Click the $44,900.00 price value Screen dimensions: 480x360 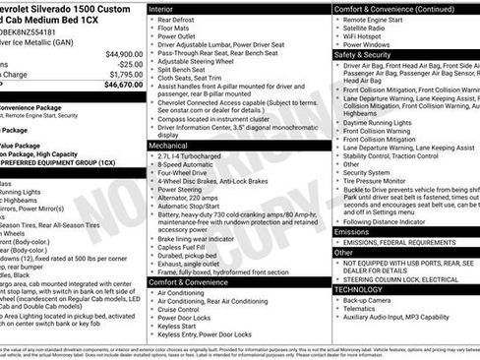[x=123, y=53]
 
